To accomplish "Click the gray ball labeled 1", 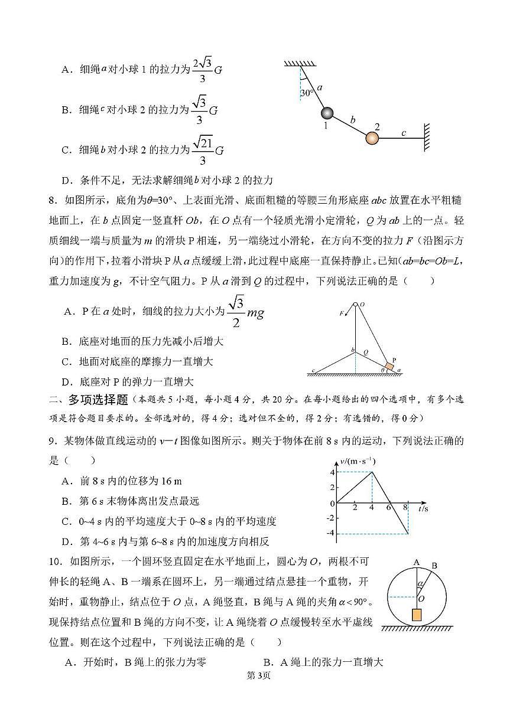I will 327,113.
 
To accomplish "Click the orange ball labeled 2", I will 372,138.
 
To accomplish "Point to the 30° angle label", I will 306,93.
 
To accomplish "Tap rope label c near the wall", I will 404,133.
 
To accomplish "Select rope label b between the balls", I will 353,120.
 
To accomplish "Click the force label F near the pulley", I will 342,313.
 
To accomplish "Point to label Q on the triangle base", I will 366,350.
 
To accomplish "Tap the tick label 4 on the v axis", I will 333,472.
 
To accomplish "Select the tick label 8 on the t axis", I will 405,508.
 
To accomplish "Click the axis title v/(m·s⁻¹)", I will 358,461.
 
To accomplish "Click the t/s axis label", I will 423,508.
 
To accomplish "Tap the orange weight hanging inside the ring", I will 417,614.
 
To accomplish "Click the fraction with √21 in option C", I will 203,151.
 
